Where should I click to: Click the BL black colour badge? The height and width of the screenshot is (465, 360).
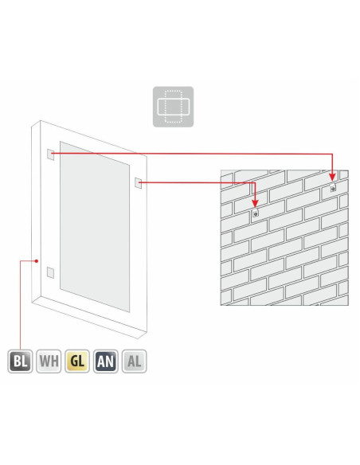coord(20,361)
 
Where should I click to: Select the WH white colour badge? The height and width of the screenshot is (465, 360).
coord(49,361)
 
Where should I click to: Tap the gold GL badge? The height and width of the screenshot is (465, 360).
coord(77,361)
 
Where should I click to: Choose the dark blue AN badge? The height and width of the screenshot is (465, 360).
coord(106,361)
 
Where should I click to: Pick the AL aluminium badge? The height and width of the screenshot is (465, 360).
coord(134,361)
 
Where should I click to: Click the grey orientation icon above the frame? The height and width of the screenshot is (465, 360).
coord(173,107)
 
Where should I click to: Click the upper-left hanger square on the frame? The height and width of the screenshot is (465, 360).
coord(51,154)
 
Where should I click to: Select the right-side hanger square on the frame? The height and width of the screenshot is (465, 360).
coord(139,182)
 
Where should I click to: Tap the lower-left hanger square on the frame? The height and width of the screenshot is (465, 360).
coord(50,272)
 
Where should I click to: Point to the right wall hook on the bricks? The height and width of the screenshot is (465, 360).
coord(333,187)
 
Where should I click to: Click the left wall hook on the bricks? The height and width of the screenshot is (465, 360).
coord(255,213)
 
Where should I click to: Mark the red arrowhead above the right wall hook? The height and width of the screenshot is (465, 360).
coord(332,176)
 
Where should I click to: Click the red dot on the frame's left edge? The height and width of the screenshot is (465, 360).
coord(37,261)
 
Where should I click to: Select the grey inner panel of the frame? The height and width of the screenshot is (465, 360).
coord(95,227)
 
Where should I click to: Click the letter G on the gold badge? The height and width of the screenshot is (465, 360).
coord(73,361)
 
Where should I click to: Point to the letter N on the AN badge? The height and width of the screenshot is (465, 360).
coord(110,361)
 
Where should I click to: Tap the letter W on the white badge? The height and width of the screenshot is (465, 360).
coord(45,361)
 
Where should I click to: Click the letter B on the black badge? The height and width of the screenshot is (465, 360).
coord(17,361)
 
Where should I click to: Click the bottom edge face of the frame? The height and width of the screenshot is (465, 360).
coord(89,318)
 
